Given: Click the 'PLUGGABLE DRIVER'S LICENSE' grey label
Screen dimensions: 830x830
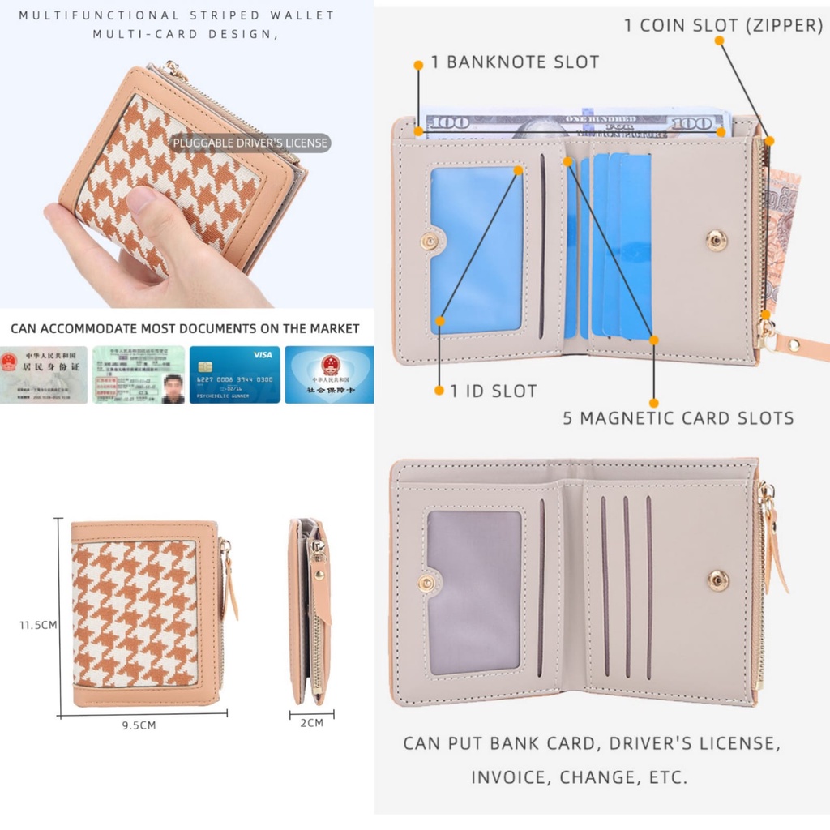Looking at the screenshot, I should [250, 143].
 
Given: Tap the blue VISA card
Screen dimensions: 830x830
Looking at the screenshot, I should [234, 374].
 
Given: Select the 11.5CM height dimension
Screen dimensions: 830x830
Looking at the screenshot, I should [38, 625].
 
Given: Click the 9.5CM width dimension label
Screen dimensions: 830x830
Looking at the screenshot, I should [139, 725].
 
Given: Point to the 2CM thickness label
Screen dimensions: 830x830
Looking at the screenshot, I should [311, 722].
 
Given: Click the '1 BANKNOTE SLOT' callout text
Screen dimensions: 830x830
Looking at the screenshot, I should [515, 62].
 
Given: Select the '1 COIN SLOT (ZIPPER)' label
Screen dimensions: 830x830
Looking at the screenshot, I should [723, 25].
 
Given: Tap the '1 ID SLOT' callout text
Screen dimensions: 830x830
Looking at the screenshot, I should [493, 391].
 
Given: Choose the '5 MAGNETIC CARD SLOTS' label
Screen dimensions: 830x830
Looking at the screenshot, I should [678, 418].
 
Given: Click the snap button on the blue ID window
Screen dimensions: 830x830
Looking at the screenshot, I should [428, 241].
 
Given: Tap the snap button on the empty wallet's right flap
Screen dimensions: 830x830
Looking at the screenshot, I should [717, 580].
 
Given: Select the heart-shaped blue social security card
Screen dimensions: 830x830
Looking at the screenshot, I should [329, 374].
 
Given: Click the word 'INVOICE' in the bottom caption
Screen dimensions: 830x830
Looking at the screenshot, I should [509, 777].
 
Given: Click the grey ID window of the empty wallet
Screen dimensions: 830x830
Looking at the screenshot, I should [474, 592].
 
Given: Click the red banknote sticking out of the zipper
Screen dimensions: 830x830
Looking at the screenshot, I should [782, 235].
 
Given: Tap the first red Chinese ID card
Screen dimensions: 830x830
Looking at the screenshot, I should [44, 374].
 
